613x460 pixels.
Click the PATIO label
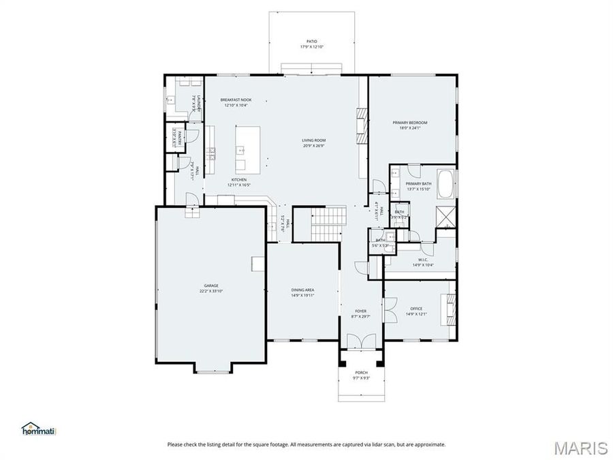pos(311,42)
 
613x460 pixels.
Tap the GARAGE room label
pos(211,286)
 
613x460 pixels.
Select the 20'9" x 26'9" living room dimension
pos(314,145)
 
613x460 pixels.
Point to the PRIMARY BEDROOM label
pos(409,123)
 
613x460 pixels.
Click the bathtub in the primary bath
pos(445,185)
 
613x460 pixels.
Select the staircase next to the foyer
pos(326,224)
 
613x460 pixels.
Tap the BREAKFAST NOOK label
pos(236,99)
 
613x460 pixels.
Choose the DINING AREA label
pos(302,290)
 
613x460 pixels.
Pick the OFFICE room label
pos(415,309)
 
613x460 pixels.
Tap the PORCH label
pos(361,373)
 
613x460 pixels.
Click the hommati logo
pos(38,429)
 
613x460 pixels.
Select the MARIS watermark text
pos(580,448)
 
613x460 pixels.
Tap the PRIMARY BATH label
pos(418,184)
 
